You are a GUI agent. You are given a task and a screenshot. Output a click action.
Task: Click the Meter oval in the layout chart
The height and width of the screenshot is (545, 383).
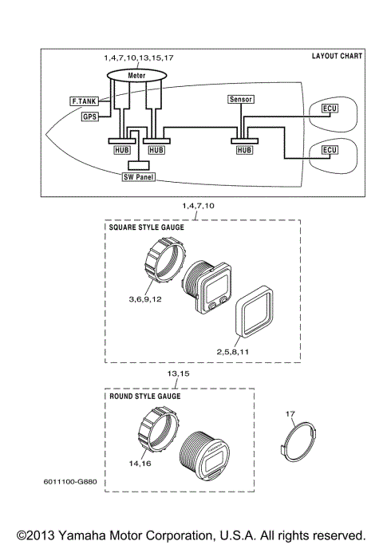pos(136,75)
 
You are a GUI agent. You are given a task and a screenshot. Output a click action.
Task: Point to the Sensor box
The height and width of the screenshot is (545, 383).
pos(240,100)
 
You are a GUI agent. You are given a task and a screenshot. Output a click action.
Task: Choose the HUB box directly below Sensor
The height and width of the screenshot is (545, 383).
pos(245,149)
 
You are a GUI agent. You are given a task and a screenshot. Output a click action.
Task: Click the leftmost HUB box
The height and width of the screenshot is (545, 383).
pos(120,149)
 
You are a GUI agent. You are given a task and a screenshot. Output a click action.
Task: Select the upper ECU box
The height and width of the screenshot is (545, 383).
pos(329,108)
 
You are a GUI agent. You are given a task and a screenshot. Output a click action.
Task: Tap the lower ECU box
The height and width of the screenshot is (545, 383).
pos(329,150)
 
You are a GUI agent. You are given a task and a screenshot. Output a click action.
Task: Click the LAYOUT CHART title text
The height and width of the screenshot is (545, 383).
pos(337,57)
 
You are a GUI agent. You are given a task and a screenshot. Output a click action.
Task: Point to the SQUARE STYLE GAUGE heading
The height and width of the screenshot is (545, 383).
pos(146,228)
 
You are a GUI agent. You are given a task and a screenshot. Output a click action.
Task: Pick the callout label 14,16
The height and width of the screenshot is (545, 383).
pos(139,462)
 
